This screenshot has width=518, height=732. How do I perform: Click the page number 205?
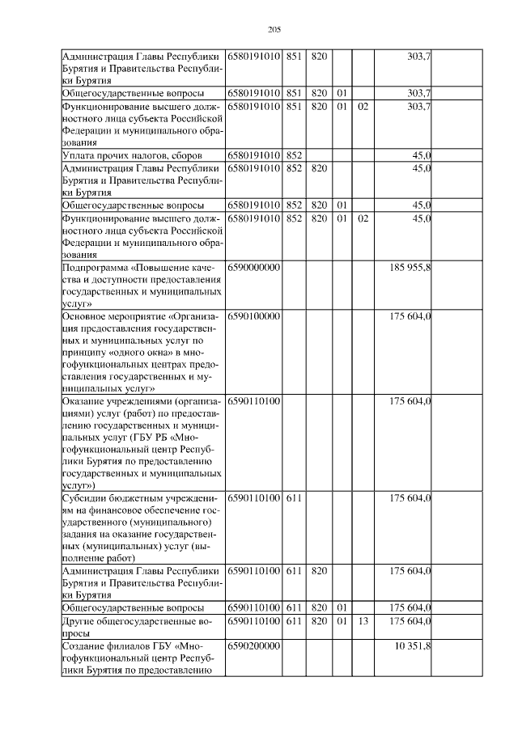coord(274,30)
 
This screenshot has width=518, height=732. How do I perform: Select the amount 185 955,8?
coord(410,266)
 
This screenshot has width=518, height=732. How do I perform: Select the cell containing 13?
coord(363,620)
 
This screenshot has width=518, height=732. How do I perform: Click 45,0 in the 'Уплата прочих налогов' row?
coord(421,154)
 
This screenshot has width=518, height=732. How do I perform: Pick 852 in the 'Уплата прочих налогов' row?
coord(294,154)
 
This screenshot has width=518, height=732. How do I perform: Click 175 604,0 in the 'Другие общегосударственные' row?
coord(410,620)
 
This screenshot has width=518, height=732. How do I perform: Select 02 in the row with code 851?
coord(363,105)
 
